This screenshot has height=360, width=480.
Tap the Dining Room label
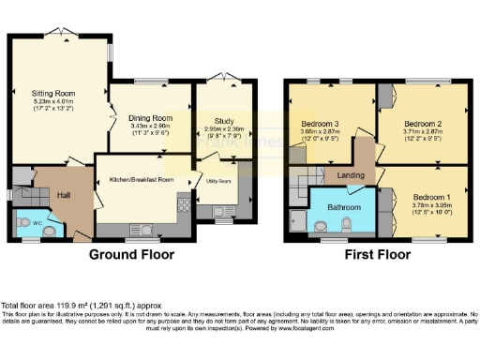coord(150,117)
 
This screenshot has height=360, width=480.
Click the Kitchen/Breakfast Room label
coord(142,179)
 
